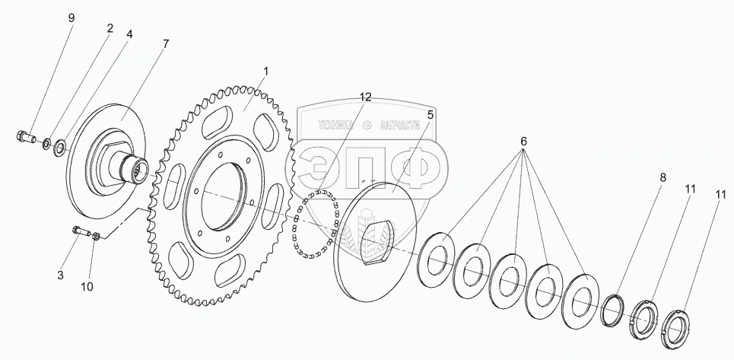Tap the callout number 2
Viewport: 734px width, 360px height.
tap(110, 28)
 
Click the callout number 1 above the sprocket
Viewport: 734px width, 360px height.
tap(265, 72)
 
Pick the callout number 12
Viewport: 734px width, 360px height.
tap(366, 97)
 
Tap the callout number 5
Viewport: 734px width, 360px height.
tap(430, 115)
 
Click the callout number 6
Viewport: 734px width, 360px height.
tap(523, 142)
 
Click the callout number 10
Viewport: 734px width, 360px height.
tap(87, 286)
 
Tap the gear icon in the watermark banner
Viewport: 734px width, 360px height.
tap(367, 125)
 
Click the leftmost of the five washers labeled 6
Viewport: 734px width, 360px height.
tap(437, 257)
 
